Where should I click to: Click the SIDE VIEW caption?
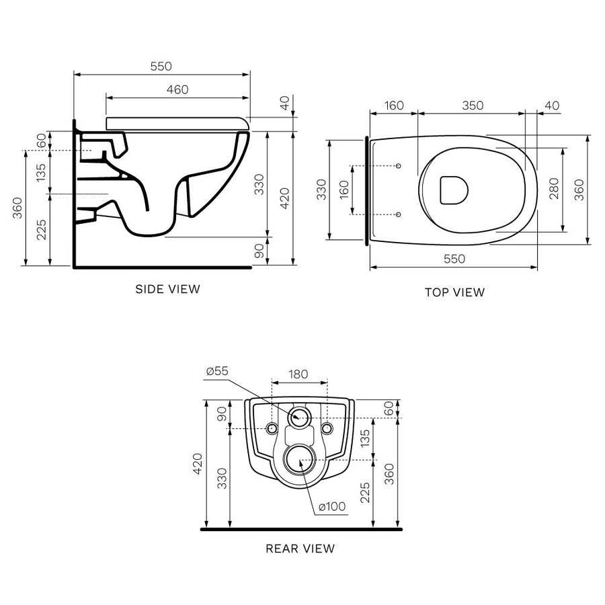click(167, 289)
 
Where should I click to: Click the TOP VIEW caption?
click(454, 292)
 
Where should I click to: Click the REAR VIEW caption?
click(300, 549)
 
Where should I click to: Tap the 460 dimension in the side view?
click(177, 89)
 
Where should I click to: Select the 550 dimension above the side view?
click(161, 66)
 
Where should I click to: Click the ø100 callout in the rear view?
click(331, 506)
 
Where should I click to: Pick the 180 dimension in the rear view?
click(299, 373)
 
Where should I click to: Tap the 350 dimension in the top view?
click(473, 106)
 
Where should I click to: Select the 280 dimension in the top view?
click(553, 190)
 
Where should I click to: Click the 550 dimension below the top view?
click(454, 259)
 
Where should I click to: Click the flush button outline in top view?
click(452, 190)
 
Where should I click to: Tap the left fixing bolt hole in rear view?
click(272, 428)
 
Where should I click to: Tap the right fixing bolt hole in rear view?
click(327, 428)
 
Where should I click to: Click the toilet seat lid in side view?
click(177, 122)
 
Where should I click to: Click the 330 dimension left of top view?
click(321, 190)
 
